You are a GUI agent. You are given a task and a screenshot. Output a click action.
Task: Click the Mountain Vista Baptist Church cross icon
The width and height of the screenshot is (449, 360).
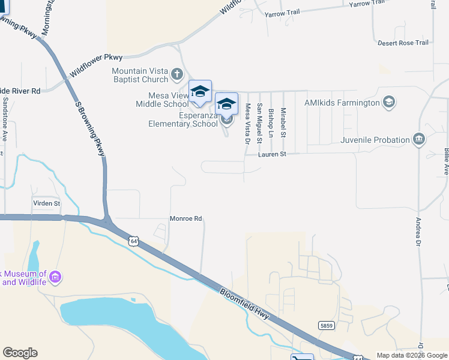(176, 74)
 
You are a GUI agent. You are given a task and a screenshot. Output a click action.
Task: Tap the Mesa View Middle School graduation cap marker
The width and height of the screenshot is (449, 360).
(200, 91)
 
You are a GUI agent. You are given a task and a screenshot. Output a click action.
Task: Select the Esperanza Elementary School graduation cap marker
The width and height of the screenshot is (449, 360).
(226, 104)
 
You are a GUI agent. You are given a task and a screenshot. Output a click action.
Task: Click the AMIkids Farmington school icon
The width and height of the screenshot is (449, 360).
(389, 103)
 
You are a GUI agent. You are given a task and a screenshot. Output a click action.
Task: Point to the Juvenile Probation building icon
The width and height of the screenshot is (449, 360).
(419, 140)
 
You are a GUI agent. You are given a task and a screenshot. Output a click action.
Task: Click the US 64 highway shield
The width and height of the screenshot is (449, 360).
(133, 241)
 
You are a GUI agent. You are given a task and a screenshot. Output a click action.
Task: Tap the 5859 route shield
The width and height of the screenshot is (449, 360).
(326, 325)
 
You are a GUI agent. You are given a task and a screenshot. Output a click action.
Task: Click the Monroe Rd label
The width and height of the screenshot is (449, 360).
(185, 219)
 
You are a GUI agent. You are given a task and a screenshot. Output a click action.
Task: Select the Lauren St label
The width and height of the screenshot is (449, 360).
(270, 154)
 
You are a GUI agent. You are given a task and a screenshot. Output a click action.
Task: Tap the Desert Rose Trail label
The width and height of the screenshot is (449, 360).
(403, 43)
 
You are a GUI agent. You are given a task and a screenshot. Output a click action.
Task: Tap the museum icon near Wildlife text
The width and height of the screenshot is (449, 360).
(55, 277)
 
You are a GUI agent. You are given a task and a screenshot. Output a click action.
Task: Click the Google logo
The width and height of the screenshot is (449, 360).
(20, 353)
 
